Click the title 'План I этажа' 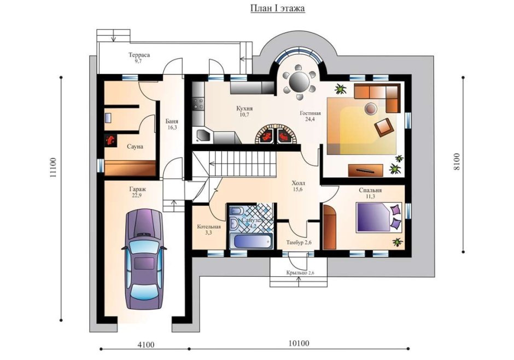point(278,8)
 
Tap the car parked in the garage point(144,259)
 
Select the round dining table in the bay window point(299,80)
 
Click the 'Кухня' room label point(244,108)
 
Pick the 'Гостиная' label point(310,113)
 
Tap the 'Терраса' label point(139,55)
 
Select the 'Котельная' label point(209,227)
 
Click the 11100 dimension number point(54,168)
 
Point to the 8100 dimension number point(456,161)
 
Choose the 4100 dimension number point(146,345)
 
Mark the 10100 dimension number point(299,343)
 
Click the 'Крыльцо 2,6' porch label point(300,272)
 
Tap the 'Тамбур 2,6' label point(299,242)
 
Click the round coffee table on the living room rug point(371,108)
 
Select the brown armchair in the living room point(384,126)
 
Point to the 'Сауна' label point(135,147)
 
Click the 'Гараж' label point(138,189)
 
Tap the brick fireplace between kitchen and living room point(277,133)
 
